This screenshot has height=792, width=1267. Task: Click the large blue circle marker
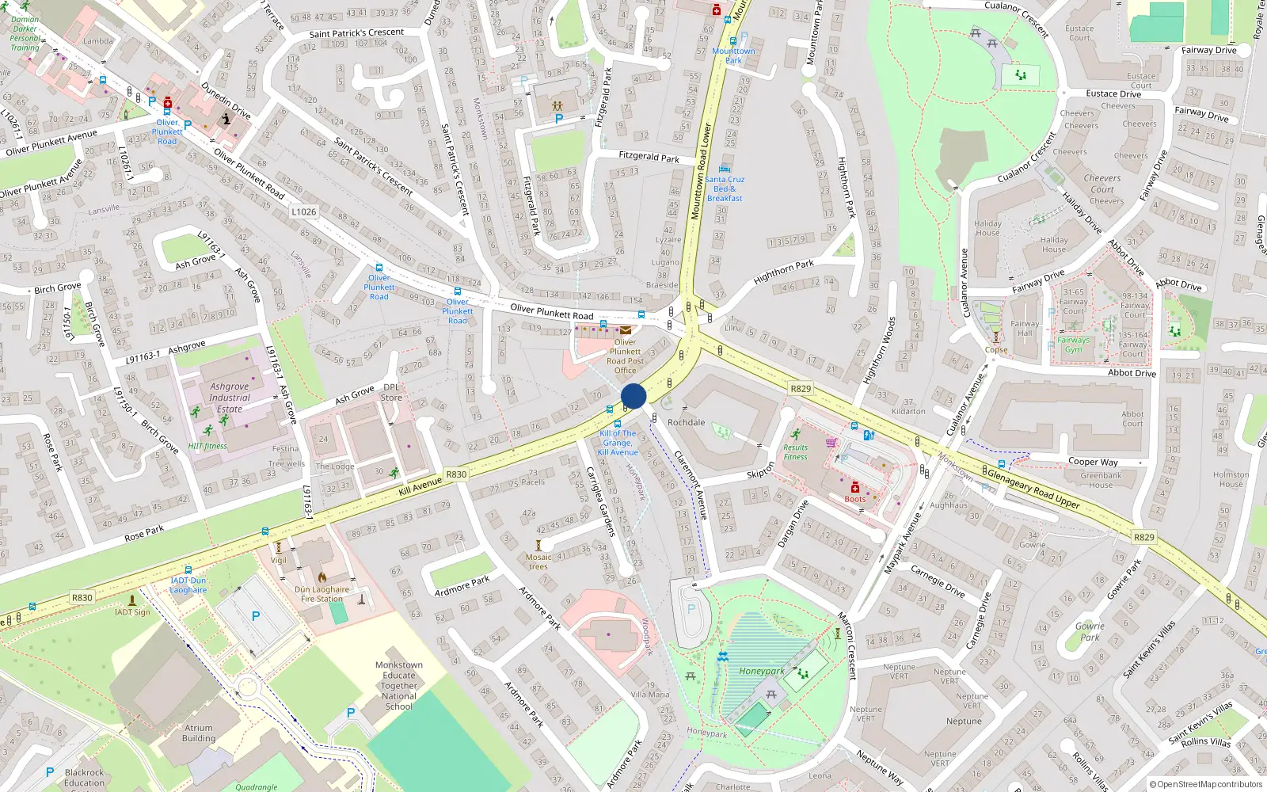(x=633, y=396)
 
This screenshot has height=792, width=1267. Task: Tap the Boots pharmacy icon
(x=855, y=488)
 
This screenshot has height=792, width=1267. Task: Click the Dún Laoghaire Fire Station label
(x=322, y=594)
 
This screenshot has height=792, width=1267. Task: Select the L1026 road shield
(x=303, y=211)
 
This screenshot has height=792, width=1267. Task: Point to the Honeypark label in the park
(x=761, y=671)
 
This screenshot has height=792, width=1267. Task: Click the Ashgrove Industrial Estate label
(x=230, y=398)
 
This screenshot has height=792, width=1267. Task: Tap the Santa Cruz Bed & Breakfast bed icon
(x=724, y=169)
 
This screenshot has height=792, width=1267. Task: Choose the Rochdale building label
(x=686, y=422)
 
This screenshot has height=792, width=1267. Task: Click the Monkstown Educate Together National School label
(x=398, y=686)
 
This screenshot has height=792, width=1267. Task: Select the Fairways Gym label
(x=1073, y=345)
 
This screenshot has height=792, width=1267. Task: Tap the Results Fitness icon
(x=796, y=434)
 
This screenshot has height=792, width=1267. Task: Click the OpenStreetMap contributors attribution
(x=1206, y=784)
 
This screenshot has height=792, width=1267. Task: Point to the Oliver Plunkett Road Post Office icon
(x=626, y=331)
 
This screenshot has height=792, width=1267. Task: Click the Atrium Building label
(x=199, y=733)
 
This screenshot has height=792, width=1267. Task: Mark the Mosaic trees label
(x=538, y=562)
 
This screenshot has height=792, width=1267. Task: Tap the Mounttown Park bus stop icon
(x=732, y=41)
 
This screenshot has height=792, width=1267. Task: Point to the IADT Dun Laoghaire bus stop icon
(x=188, y=570)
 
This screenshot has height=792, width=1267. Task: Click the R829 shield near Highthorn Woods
(x=801, y=388)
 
